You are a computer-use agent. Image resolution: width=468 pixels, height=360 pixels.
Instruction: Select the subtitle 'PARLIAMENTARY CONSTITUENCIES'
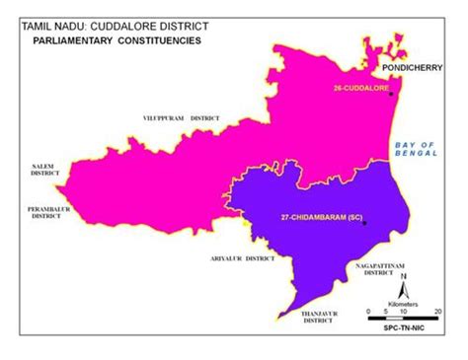click(117, 42)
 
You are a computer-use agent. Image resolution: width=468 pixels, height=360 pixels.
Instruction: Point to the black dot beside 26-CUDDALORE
click(392, 94)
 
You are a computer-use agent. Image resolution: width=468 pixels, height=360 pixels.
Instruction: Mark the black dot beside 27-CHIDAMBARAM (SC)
click(364, 223)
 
